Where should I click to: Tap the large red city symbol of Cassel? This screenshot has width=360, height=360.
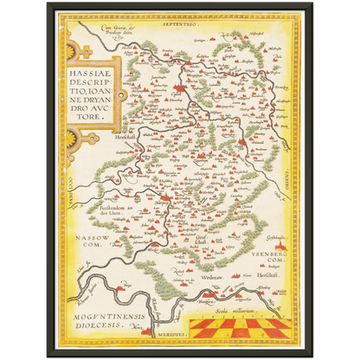(x=181, y=87)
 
